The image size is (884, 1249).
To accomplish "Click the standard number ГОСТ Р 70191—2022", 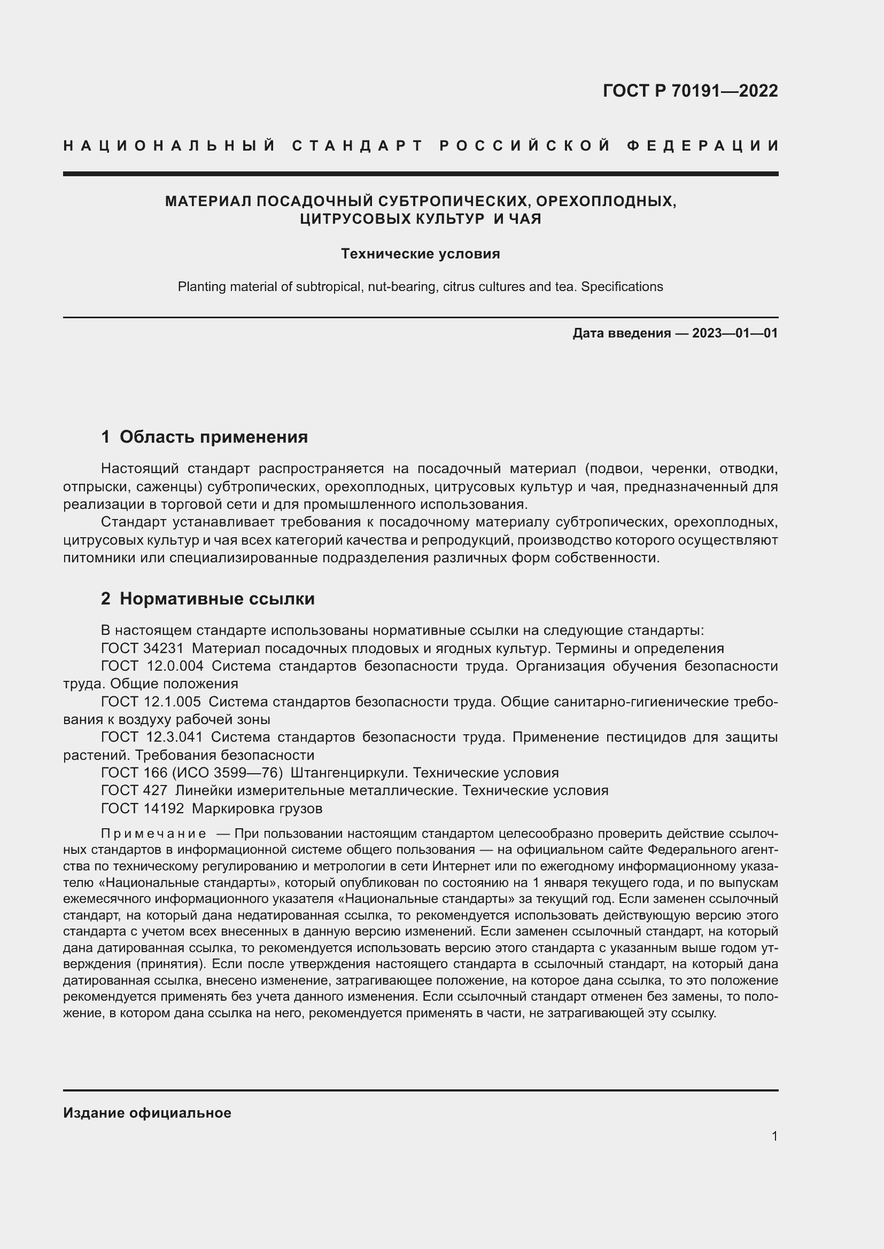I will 689,91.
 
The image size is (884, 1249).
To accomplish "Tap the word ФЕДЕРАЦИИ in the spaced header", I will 703,146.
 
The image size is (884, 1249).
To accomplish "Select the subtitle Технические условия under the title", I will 420,254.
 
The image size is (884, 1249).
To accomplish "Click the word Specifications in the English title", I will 622,287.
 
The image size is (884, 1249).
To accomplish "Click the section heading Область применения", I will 213,437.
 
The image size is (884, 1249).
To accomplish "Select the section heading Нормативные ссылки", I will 216,599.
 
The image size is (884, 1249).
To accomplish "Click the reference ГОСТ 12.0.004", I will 152,666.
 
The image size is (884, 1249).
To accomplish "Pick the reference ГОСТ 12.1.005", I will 151,702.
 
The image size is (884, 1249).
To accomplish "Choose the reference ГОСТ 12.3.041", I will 152,737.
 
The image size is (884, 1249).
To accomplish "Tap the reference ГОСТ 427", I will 134,790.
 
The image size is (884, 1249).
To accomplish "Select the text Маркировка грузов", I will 257,809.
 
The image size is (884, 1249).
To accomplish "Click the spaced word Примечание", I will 153,834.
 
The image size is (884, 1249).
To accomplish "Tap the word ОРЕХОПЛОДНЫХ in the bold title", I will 606,201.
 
